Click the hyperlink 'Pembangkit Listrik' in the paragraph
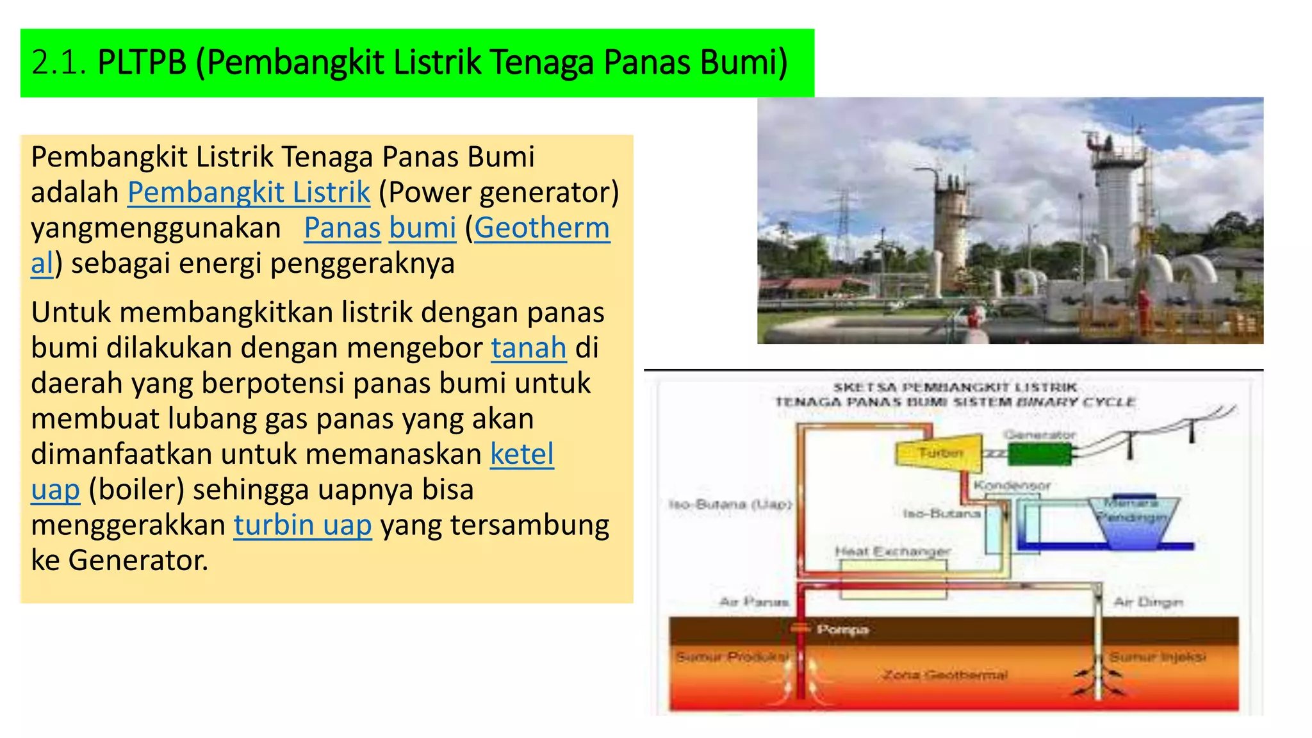249,192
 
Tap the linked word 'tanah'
529,348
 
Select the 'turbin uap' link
302,525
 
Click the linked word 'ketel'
521,454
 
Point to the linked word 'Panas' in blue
342,228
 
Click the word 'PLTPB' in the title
142,63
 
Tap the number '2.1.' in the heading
58,63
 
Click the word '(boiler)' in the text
136,489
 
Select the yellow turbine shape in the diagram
939,452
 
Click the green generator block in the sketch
1039,454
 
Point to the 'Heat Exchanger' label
892,552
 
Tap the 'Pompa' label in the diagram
842,630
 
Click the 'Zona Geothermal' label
945,675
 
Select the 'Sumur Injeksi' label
1158,657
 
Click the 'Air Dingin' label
1148,602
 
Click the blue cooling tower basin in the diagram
1134,522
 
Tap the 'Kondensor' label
1012,486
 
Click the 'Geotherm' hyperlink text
542,228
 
